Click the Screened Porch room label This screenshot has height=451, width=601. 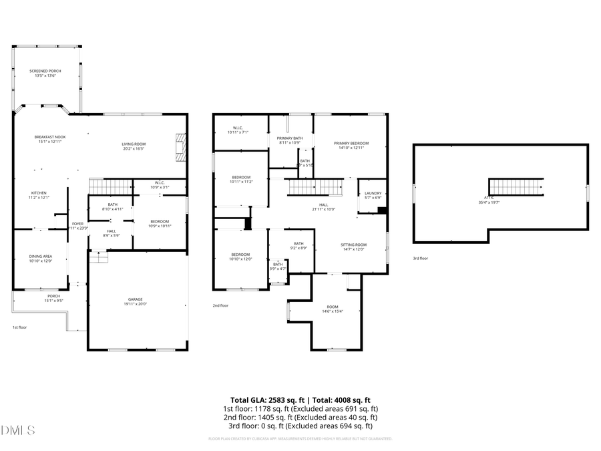[x=45, y=73]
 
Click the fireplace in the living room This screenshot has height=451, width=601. [x=179, y=146]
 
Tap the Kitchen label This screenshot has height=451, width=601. [x=39, y=194]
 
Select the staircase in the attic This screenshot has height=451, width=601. [x=516, y=186]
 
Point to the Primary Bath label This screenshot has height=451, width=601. [x=290, y=140]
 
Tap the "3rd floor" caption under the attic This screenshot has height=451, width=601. [x=419, y=258]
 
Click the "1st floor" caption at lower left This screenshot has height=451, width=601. [x=19, y=327]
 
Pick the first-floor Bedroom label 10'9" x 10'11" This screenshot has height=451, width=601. [x=160, y=223]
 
